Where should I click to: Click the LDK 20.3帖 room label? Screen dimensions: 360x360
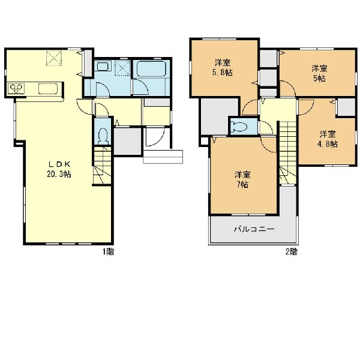(59, 169)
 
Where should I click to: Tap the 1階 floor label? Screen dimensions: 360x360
(108, 252)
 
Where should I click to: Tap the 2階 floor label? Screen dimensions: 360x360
(291, 252)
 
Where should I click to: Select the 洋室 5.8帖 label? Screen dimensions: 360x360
(223, 67)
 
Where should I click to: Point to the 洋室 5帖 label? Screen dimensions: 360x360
(319, 73)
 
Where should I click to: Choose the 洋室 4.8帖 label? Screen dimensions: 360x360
(328, 139)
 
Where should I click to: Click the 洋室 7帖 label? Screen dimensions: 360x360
(242, 179)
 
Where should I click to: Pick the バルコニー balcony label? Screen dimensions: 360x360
(254, 229)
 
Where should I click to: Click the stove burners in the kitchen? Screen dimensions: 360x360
(16, 88)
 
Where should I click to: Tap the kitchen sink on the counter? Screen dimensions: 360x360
(48, 89)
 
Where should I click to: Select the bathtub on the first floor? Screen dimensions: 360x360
(151, 68)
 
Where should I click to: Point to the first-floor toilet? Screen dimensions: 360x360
(103, 136)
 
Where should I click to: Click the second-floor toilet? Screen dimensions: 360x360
(239, 127)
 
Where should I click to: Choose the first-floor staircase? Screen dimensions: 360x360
(103, 166)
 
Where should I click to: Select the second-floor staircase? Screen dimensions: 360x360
(287, 152)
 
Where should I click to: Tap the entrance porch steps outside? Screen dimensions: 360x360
(163, 157)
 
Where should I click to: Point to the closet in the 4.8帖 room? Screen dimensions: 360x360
(346, 107)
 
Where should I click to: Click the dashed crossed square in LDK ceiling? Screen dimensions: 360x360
(54, 58)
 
